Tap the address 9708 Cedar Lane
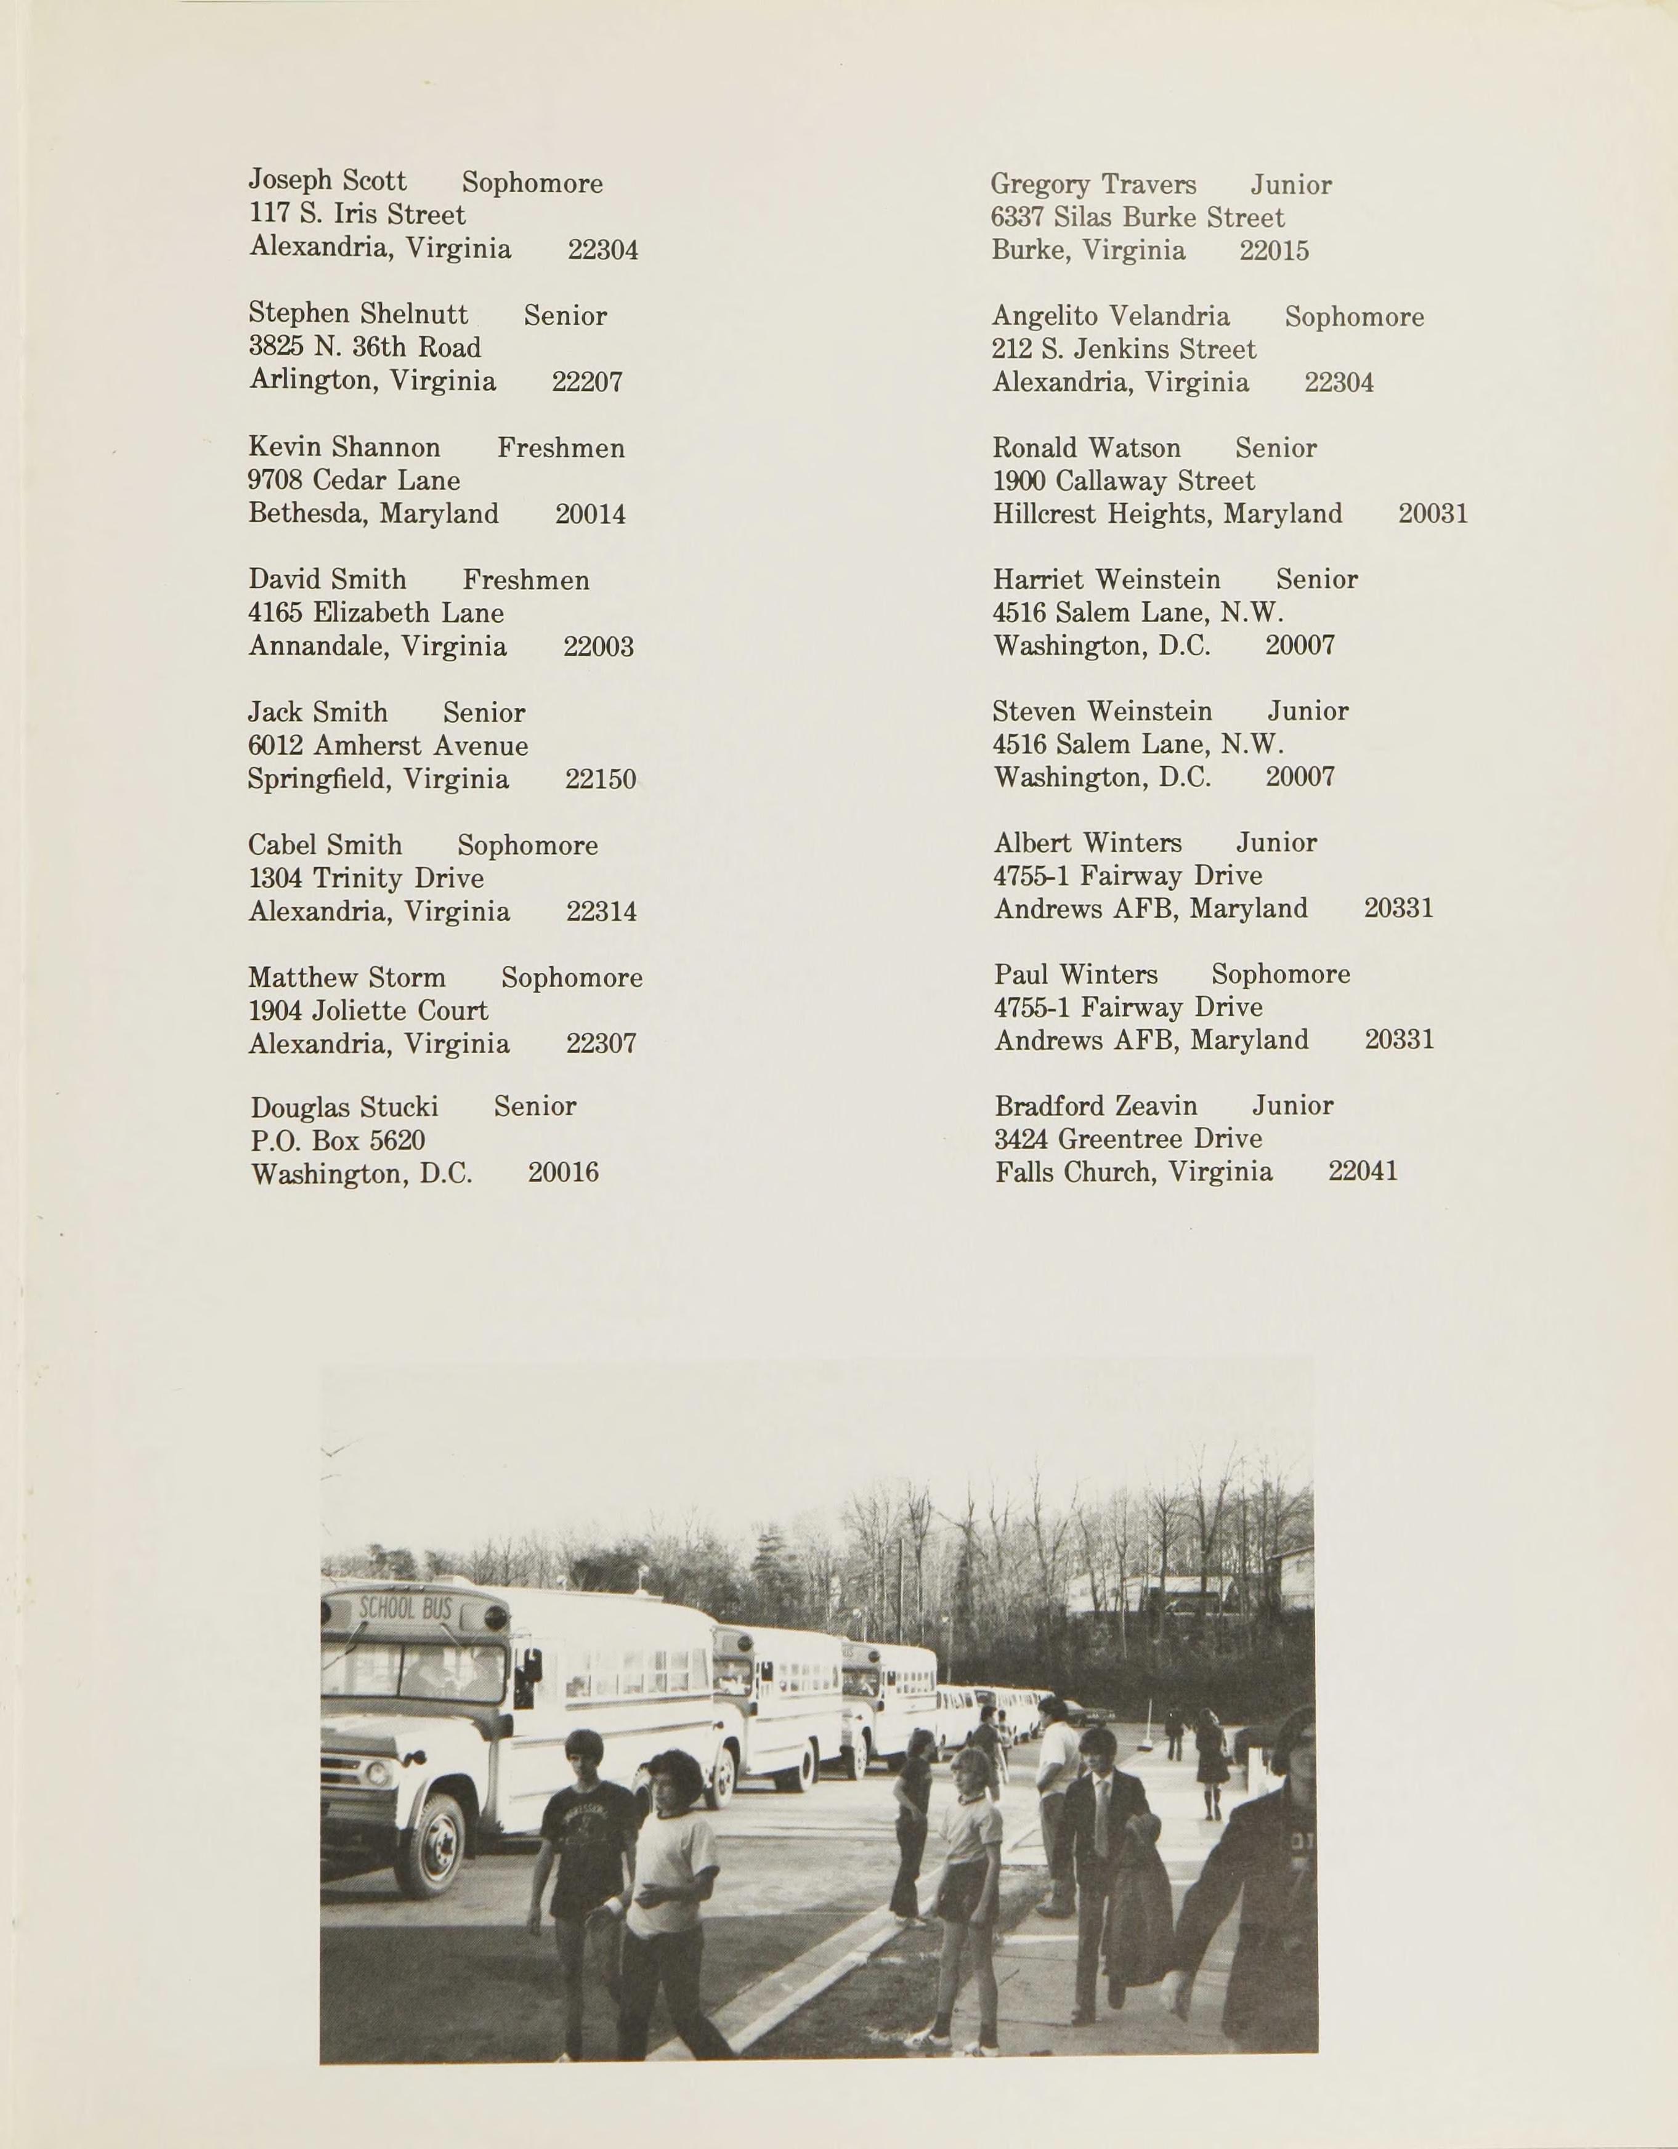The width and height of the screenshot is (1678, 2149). (x=354, y=481)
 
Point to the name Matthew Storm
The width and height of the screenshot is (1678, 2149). (x=346, y=978)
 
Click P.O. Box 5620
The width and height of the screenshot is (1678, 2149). (x=338, y=1141)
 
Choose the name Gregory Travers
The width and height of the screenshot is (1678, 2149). (x=1093, y=185)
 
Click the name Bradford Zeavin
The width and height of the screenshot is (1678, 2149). (x=1095, y=1107)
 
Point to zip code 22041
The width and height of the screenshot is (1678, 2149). (x=1362, y=1172)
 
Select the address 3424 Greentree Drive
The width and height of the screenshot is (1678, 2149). (x=1128, y=1139)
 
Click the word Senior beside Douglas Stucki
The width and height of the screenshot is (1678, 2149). (x=535, y=1107)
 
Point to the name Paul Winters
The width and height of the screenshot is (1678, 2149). (x=1076, y=975)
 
